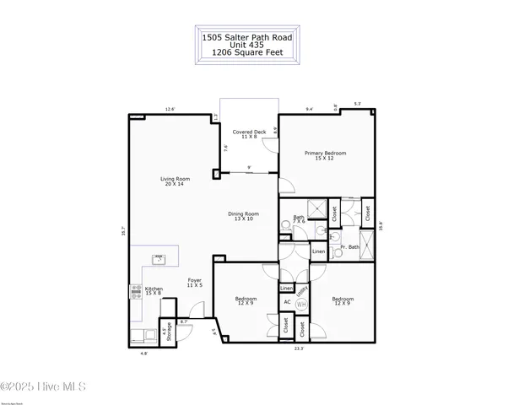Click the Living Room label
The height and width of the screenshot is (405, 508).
tap(176, 181)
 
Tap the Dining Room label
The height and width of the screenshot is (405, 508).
tap(243, 216)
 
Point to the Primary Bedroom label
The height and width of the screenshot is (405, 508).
tap(326, 156)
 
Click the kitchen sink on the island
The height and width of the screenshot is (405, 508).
tap(157, 260)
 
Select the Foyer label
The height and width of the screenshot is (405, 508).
tap(194, 283)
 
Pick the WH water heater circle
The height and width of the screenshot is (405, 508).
tap(301, 304)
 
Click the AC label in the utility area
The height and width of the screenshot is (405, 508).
tap(287, 302)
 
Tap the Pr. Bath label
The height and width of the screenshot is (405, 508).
tap(349, 247)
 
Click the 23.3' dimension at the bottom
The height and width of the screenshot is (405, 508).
tap(298, 348)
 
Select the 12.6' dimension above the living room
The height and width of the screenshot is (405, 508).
tap(170, 109)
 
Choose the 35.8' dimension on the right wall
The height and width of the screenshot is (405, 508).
tap(381, 225)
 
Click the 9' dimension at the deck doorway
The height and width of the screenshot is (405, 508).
tap(250, 168)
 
